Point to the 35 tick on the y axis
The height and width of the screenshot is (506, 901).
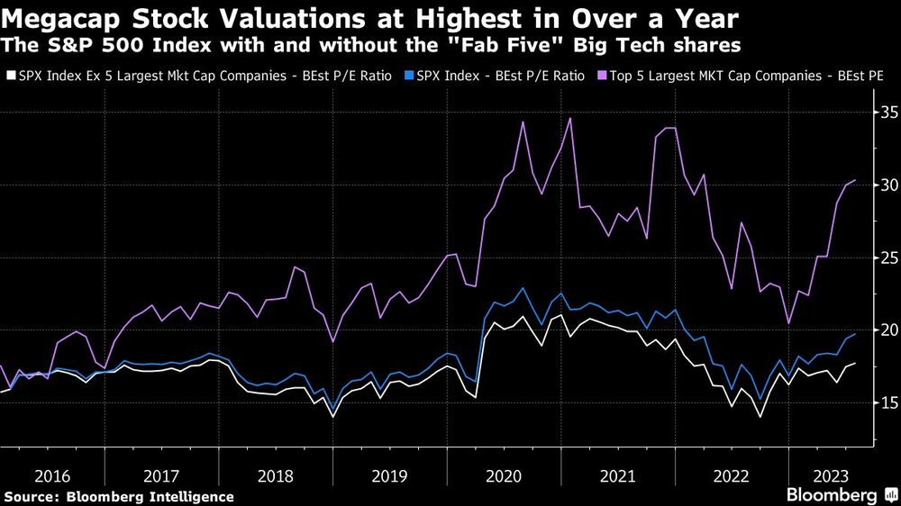tap(887, 113)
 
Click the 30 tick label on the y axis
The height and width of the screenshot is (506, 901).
tap(887, 185)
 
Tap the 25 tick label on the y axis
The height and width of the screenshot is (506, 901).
tap(887, 258)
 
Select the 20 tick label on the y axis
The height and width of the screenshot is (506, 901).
tap(887, 330)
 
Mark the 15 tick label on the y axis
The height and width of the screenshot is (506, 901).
tap(887, 403)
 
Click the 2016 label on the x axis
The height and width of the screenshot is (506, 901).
tap(52, 474)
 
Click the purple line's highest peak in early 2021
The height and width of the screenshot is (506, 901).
tap(569, 118)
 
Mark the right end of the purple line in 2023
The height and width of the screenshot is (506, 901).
tap(854, 180)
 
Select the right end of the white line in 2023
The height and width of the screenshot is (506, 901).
tap(854, 363)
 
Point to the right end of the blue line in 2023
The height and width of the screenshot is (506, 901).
tap(854, 334)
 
